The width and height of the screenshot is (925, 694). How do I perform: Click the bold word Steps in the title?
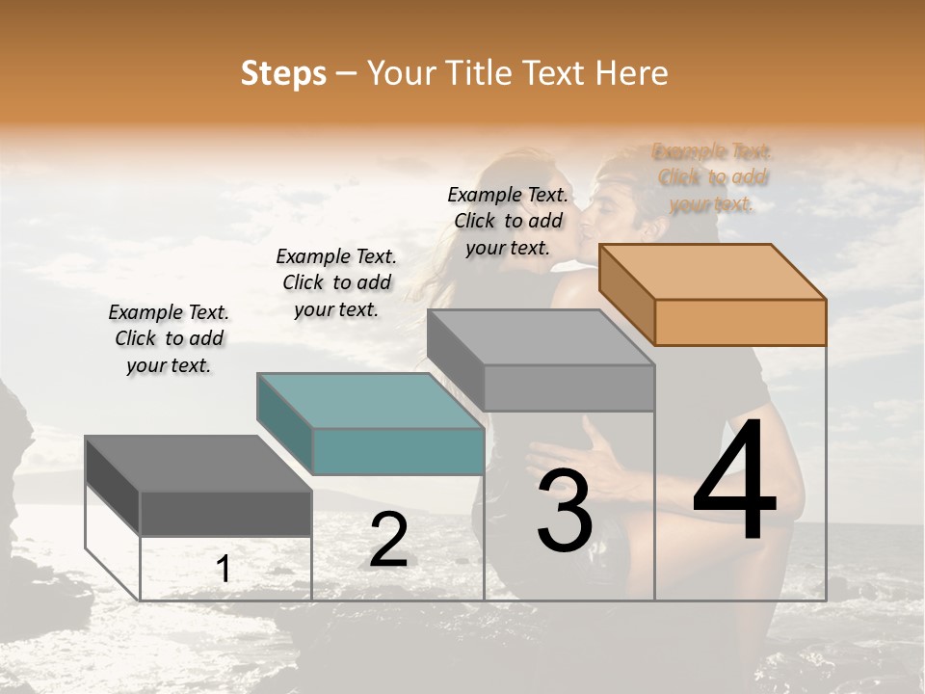(x=283, y=73)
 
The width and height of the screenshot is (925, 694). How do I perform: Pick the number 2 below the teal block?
(x=388, y=540)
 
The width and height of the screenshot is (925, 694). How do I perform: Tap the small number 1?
(x=224, y=570)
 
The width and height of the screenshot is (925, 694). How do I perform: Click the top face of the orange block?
(x=713, y=272)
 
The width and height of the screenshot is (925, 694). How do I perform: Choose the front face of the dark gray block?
(x=225, y=513)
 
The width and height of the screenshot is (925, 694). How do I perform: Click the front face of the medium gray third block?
(x=568, y=388)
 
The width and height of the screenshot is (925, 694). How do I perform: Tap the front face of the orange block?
(x=740, y=322)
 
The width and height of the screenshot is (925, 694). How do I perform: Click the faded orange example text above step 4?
(x=712, y=177)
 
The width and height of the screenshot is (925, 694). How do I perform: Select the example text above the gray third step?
(x=508, y=221)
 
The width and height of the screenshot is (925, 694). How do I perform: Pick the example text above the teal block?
(x=336, y=282)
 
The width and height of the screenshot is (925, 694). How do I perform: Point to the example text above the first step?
(x=169, y=338)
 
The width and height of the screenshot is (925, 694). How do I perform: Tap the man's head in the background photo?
(x=626, y=198)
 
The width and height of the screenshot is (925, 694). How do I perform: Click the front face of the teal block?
(x=398, y=451)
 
